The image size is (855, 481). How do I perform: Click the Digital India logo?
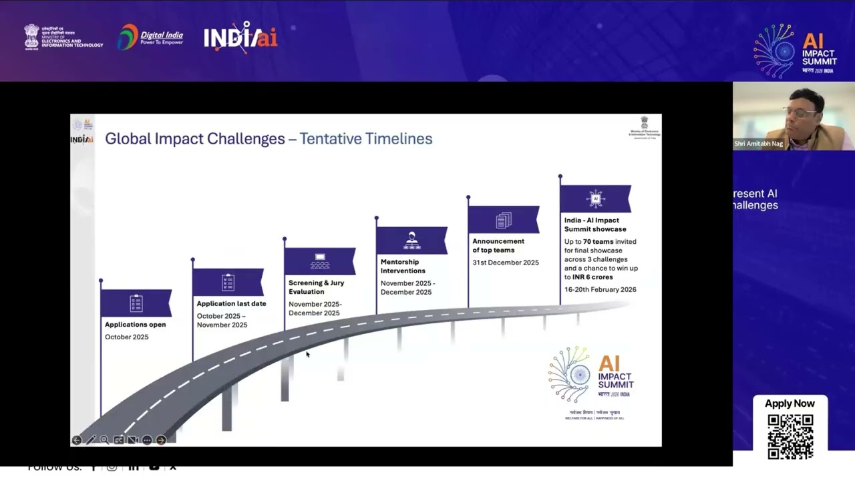point(150,37)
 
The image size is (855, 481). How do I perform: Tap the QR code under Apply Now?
point(790,436)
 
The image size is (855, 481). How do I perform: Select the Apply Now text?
point(790,404)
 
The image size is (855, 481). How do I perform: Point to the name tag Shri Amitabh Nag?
point(758,144)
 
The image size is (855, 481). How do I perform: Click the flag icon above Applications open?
point(136,303)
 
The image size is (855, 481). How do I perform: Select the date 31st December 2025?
point(506,263)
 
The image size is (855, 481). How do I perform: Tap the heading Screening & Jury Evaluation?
point(316,287)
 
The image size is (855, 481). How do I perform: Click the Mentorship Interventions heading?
point(403,266)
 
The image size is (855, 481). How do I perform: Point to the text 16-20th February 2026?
point(600,289)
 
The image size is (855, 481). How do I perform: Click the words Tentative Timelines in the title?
point(365,139)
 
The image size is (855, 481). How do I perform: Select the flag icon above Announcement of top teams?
point(504,220)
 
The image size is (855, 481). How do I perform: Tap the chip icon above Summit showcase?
point(595,198)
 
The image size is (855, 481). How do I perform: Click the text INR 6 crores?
point(592,277)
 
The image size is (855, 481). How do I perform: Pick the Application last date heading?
point(231,303)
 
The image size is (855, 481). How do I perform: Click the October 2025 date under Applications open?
point(126,337)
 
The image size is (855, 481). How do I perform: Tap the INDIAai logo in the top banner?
point(240,37)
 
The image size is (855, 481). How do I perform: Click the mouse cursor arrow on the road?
point(307,354)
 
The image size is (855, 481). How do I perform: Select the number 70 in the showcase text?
point(588,241)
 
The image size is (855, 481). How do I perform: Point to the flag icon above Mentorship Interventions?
point(411,240)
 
